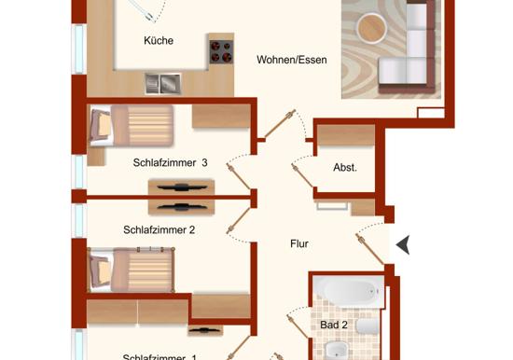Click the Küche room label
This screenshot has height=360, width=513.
point(159,41)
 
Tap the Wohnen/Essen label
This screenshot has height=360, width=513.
point(292,60)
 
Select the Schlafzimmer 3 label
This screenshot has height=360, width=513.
point(170,162)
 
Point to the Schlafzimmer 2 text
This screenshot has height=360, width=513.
point(159,229)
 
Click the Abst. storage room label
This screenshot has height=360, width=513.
point(345,168)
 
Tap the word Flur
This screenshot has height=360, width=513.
point(299,243)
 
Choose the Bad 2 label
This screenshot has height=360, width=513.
point(334,325)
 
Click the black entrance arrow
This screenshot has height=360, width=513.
point(403,244)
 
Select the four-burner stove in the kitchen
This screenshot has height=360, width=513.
point(221,52)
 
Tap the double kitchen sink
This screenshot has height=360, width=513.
point(163,83)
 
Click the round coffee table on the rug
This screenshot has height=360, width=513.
point(371,28)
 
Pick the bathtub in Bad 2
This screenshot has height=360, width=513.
point(348,292)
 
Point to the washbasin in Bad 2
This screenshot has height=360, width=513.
point(336,351)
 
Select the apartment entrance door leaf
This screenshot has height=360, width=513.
point(370,249)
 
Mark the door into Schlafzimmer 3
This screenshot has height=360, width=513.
point(239,176)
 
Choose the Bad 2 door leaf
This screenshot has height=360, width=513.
point(298,326)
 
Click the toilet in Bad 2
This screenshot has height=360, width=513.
point(367,326)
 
